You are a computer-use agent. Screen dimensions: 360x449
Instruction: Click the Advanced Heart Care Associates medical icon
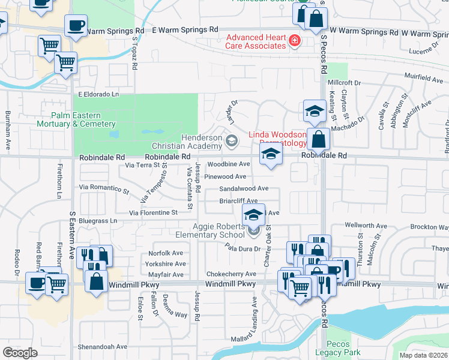click(x=295, y=41)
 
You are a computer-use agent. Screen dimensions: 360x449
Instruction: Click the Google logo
click(x=20, y=353)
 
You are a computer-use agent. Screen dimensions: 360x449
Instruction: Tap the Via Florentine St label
click(x=154, y=212)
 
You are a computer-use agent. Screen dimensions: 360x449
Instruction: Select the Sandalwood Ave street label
click(x=243, y=188)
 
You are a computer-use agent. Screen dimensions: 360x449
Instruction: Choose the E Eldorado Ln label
click(x=98, y=95)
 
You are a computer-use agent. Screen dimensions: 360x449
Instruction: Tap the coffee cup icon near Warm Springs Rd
click(x=76, y=25)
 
